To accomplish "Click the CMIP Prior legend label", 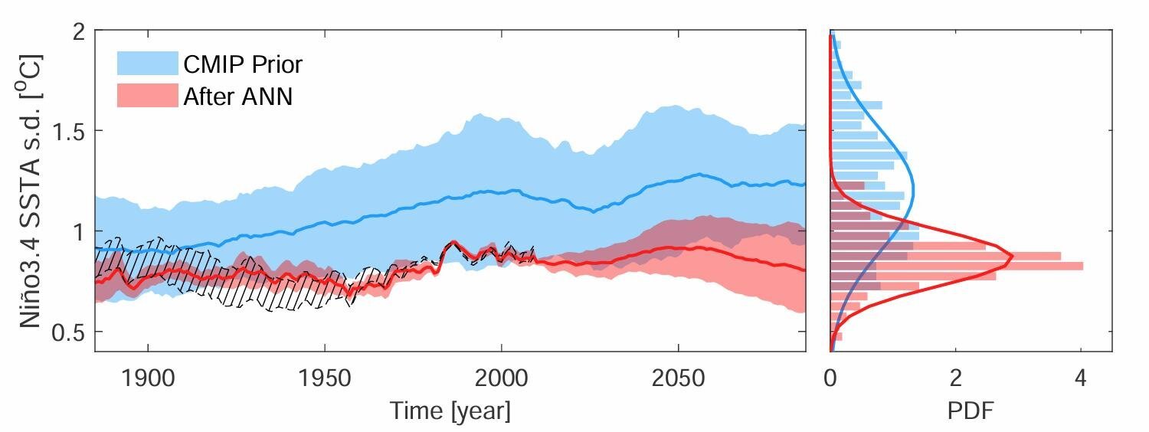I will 242,64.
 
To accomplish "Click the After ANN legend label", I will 237,97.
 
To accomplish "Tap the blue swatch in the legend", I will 147,64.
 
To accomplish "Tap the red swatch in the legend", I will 147,96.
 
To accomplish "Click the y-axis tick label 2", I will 77,31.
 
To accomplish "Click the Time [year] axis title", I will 450,411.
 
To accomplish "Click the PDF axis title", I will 971,411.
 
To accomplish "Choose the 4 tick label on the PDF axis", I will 1081,378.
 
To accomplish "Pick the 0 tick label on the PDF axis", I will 830,378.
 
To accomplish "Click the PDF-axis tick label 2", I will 955,378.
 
